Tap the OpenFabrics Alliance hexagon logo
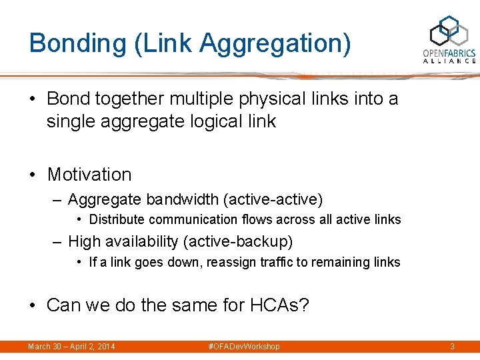tap(449, 31)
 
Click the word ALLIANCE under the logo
tap(449, 61)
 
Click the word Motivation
tap(89, 175)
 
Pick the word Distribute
tap(117, 220)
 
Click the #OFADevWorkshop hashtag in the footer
tap(245, 347)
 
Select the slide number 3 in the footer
tap(452, 347)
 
